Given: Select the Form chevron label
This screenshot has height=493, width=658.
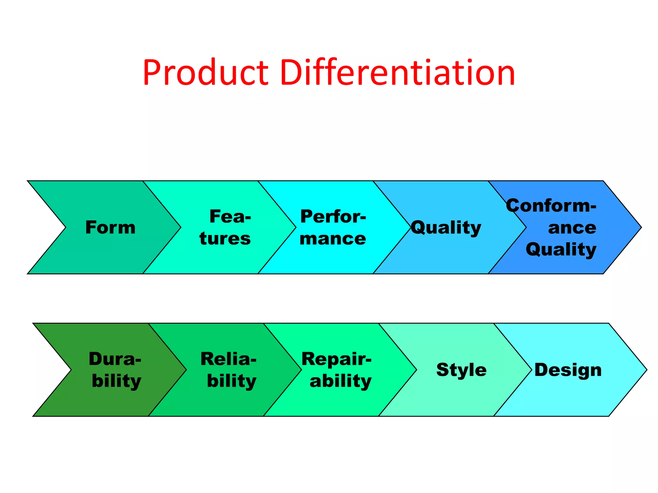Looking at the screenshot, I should (110, 227).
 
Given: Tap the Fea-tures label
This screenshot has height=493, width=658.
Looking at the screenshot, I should (225, 227).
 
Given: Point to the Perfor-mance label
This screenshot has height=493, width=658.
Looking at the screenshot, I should (333, 227).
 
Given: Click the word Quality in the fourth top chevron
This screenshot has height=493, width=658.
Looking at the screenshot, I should (446, 228).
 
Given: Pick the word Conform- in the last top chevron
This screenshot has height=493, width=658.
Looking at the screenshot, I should (551, 205).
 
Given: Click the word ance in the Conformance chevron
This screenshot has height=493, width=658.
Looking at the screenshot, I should (572, 228).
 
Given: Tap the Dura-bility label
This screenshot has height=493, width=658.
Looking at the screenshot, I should (116, 370).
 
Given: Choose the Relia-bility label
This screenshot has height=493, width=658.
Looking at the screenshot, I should (229, 370).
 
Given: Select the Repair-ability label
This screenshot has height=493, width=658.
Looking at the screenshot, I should (337, 370).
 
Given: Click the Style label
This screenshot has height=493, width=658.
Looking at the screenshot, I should (461, 370).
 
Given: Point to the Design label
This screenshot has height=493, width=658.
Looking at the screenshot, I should (568, 370).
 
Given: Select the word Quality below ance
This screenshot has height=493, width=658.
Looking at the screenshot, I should (561, 250).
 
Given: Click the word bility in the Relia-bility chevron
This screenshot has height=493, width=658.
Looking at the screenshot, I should (232, 381).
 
